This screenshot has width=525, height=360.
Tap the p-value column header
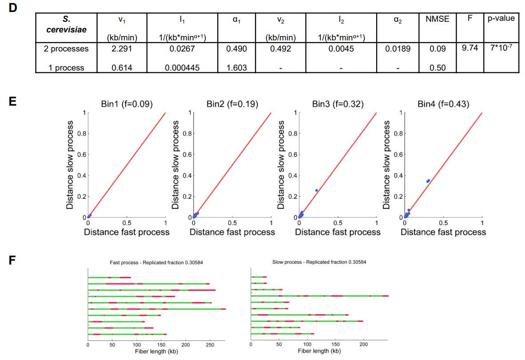click(x=500, y=19)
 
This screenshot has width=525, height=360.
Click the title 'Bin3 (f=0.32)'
click(x=338, y=105)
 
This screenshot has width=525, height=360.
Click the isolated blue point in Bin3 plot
click(x=317, y=190)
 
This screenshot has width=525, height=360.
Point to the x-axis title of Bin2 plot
click(x=232, y=232)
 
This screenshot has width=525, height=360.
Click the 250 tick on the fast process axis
click(x=210, y=344)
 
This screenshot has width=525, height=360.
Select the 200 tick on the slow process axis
click(x=364, y=344)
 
